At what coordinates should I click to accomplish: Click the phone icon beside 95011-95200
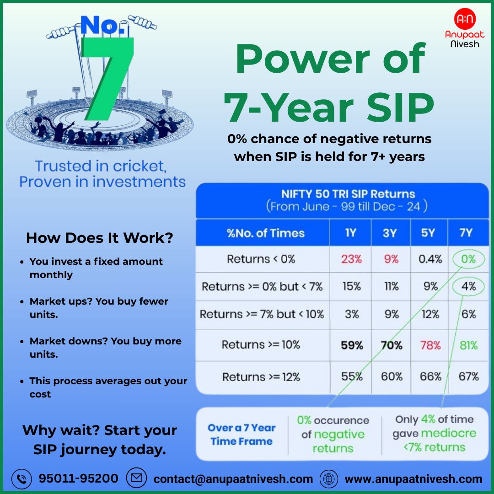(x=21, y=478)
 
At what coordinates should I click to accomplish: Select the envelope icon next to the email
(x=136, y=478)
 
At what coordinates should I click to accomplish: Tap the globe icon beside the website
(x=329, y=479)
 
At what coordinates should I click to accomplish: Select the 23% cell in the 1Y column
(x=351, y=259)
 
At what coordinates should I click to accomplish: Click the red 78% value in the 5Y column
(x=430, y=345)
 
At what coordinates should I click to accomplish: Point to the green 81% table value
(x=468, y=345)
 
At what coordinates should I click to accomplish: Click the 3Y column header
(x=389, y=233)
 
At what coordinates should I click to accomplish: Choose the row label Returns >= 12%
(x=261, y=377)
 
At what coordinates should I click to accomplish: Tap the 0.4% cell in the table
(x=430, y=259)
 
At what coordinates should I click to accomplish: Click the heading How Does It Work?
(x=100, y=238)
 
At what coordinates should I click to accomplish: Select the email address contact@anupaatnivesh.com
(x=233, y=479)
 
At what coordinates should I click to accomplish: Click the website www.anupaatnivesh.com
(x=413, y=479)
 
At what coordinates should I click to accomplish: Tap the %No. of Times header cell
(x=265, y=233)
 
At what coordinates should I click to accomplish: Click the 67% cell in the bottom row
(x=468, y=376)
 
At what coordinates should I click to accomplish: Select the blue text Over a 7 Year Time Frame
(x=242, y=435)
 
